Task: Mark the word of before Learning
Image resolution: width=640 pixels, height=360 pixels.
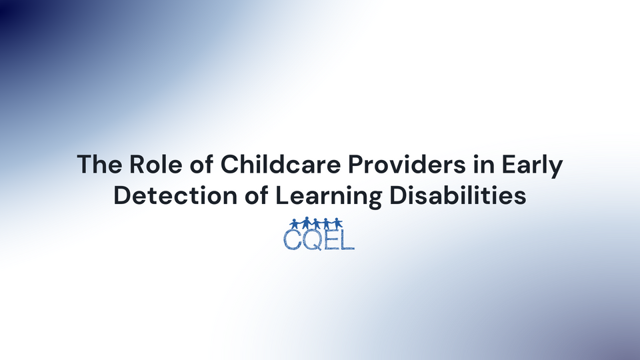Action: click(250, 197)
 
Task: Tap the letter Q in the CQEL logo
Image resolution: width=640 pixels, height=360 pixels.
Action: click(312, 239)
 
